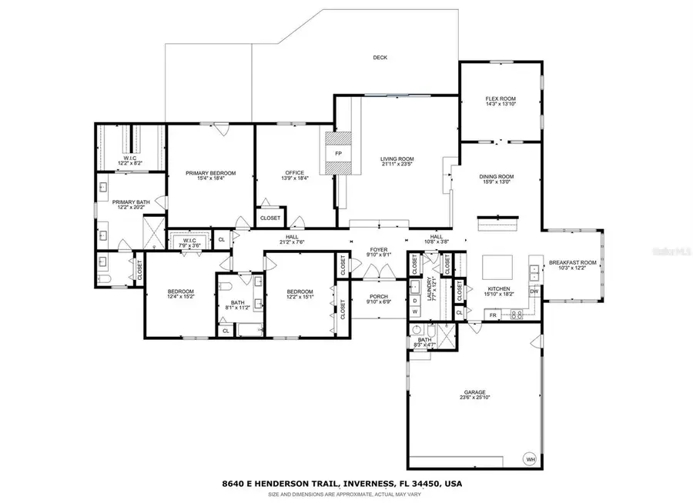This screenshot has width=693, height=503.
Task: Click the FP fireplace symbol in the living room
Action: pyautogui.click(x=337, y=153)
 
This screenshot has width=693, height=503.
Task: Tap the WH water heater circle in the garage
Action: pyautogui.click(x=530, y=459)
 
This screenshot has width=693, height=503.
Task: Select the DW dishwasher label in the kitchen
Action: pyautogui.click(x=534, y=291)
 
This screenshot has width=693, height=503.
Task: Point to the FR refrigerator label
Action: pyautogui.click(x=492, y=315)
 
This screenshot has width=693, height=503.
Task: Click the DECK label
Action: pyautogui.click(x=380, y=58)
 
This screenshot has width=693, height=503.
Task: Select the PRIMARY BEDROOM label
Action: pyautogui.click(x=210, y=173)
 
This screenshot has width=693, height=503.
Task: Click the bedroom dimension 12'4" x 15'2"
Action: pyautogui.click(x=182, y=297)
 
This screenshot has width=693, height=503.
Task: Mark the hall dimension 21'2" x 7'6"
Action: pyautogui.click(x=292, y=243)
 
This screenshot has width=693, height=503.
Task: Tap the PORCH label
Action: pyautogui.click(x=378, y=296)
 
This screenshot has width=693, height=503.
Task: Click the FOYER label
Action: pyautogui.click(x=377, y=249)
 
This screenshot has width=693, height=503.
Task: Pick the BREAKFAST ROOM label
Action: pyautogui.click(x=572, y=263)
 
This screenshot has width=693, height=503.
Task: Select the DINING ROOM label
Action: pyautogui.click(x=497, y=176)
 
